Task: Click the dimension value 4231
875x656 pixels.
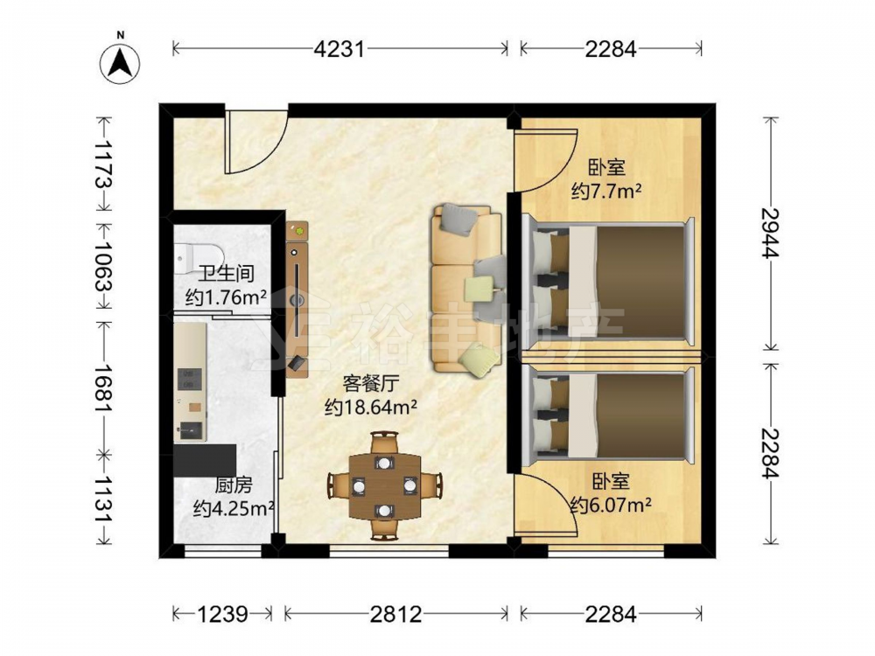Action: pos(339,49)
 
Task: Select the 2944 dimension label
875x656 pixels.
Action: pos(771,234)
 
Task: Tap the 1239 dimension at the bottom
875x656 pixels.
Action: pos(222,614)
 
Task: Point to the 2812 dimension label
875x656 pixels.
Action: pos(396,614)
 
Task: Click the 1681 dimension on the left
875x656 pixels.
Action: pos(104,389)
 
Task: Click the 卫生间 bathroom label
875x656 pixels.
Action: pos(227,273)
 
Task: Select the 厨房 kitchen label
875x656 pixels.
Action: pos(234,485)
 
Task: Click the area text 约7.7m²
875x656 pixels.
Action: pos(606,192)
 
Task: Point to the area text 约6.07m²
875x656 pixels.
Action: pos(611,506)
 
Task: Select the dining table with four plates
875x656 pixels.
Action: pos(384,485)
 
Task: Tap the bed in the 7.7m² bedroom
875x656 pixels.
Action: pos(609,283)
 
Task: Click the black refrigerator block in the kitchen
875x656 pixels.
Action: pos(205,460)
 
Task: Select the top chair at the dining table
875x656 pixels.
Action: pos(384,443)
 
